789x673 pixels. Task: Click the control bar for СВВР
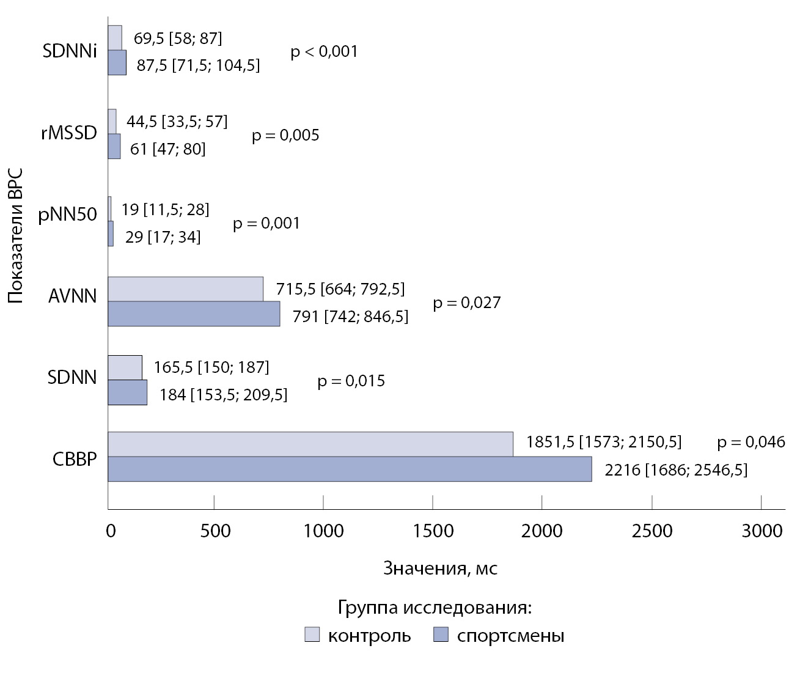click(310, 444)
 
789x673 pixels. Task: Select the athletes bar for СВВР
click(350, 469)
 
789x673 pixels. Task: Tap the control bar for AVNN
click(185, 289)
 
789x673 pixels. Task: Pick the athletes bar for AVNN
click(194, 314)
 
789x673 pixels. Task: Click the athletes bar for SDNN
click(127, 392)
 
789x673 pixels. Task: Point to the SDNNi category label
click(70, 51)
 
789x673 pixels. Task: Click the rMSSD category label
click(68, 133)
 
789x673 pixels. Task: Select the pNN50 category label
click(67, 216)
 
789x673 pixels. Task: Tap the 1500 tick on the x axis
click(433, 531)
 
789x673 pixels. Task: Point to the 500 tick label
click(214, 531)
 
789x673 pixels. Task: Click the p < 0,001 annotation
click(324, 51)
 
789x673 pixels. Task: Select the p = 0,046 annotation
click(751, 442)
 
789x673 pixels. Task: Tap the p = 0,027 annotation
click(466, 303)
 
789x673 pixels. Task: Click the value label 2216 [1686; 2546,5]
click(675, 470)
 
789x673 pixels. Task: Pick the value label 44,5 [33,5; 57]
click(177, 122)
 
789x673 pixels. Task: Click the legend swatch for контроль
click(312, 635)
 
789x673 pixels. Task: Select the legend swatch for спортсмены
click(441, 635)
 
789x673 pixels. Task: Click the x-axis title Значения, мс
click(440, 568)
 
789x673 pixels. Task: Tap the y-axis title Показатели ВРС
click(17, 237)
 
